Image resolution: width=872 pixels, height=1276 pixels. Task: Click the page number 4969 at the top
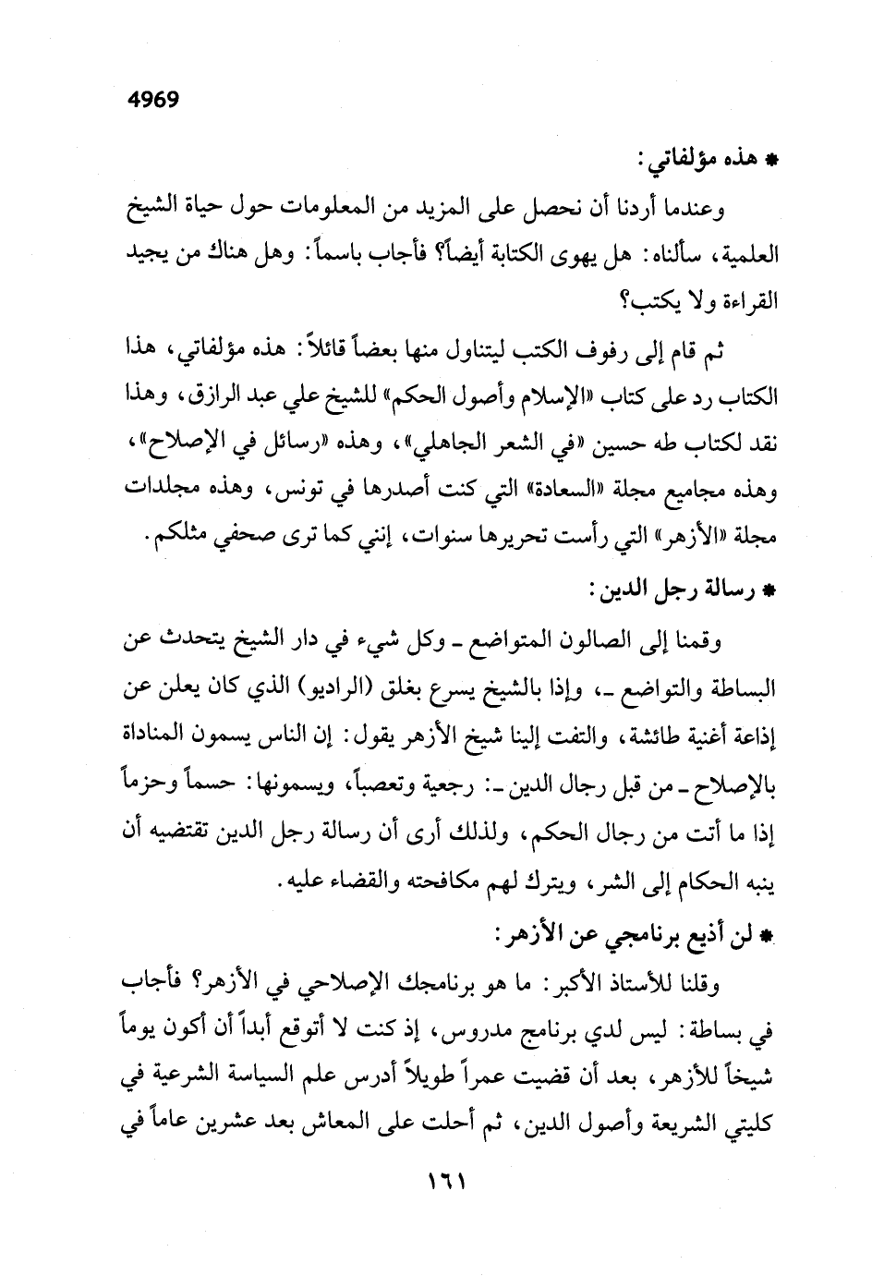coord(148,99)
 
